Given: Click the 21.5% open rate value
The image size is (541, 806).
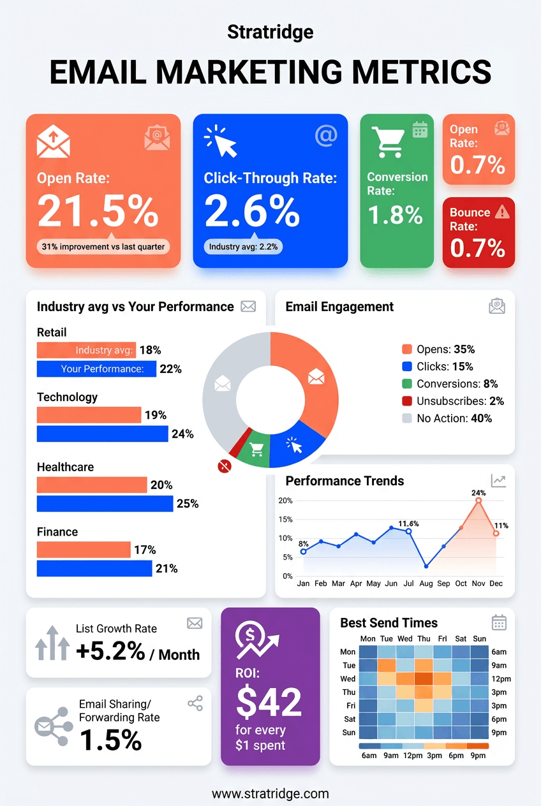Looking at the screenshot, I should [98, 211].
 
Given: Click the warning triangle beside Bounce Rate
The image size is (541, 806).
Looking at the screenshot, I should [503, 212].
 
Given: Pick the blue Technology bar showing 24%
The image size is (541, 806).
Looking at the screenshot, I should [102, 434].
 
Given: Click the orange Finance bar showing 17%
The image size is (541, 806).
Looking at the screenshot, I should [84, 550].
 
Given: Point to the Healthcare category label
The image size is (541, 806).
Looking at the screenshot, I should [65, 467].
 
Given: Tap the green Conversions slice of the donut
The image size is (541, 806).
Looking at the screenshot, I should [257, 450].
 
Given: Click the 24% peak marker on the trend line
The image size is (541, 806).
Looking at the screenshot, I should [478, 501].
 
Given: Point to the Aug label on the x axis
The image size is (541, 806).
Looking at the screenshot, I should [426, 583].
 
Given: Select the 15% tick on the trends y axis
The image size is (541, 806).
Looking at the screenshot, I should [285, 519].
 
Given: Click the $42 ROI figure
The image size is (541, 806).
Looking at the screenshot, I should [269, 702].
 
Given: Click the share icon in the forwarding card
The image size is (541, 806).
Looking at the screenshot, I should [195, 703].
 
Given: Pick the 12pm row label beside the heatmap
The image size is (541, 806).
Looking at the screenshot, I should [499, 678].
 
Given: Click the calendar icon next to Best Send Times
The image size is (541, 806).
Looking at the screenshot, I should [499, 622].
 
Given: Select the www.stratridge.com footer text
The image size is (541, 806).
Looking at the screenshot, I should [270, 794].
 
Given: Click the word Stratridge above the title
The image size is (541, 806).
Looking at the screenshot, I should [270, 31].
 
